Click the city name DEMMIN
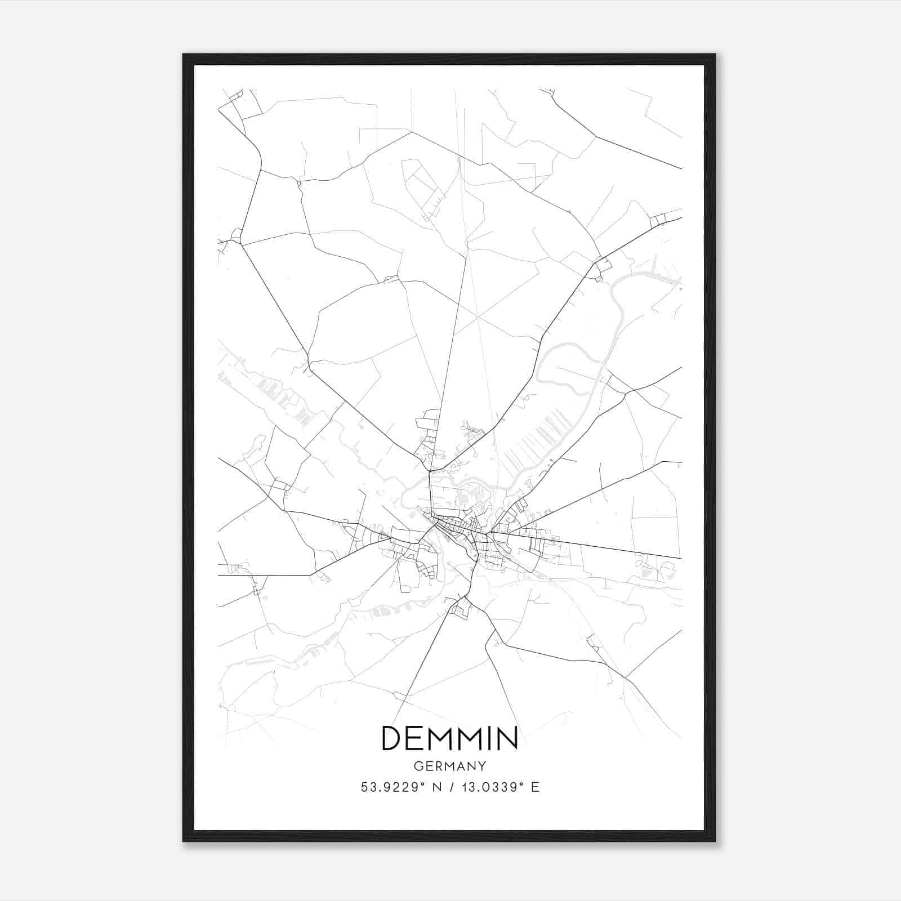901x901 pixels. tap(449, 738)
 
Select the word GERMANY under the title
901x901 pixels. tap(449, 766)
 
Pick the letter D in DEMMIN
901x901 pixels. tap(392, 738)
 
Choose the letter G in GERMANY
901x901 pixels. tap(417, 766)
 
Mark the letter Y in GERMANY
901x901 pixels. tap(481, 766)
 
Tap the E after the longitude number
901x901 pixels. tap(535, 787)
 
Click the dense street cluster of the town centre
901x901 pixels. tap(453, 527)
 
